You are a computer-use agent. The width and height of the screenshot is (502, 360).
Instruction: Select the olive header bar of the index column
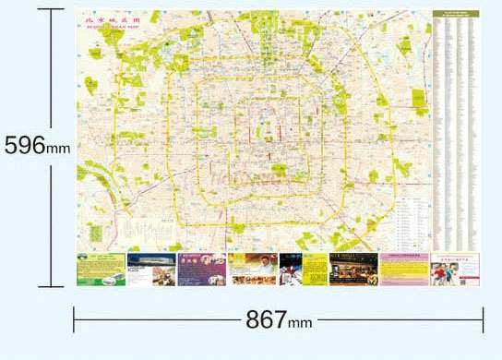click(x=456, y=14)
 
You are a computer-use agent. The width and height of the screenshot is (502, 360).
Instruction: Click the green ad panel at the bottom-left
click(x=101, y=269)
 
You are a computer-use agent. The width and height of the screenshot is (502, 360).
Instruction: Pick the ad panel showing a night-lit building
click(x=150, y=269)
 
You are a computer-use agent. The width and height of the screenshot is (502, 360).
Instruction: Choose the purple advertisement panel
click(x=201, y=269)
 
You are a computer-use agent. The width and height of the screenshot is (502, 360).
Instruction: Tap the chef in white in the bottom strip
click(x=290, y=269)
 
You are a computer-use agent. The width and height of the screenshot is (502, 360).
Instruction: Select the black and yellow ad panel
click(x=316, y=269)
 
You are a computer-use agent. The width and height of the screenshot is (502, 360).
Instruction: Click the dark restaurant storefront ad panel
click(x=353, y=269)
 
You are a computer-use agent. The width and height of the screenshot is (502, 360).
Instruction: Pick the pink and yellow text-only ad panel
click(x=404, y=269)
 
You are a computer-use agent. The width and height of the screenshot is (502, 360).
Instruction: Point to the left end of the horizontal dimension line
click(x=74, y=320)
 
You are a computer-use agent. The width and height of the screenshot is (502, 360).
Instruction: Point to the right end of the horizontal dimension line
click(x=484, y=320)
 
